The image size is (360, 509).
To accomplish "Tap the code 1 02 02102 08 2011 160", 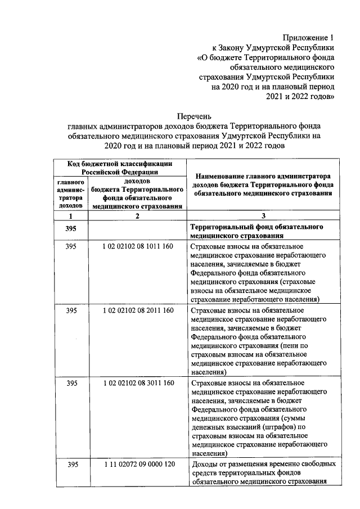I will pyautogui.click(x=138, y=310).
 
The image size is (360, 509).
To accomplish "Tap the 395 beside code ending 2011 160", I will pyautogui.click(x=71, y=310).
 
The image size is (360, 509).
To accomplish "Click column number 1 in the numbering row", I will pyautogui.click(x=71, y=216).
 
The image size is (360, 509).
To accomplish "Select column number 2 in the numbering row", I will pyautogui.click(x=138, y=216).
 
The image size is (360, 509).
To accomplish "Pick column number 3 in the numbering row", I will pyautogui.click(x=263, y=216).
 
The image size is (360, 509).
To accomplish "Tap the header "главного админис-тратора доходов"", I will pyautogui.click(x=71, y=194).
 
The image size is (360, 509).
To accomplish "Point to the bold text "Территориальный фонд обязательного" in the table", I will pyautogui.click(x=256, y=227).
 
